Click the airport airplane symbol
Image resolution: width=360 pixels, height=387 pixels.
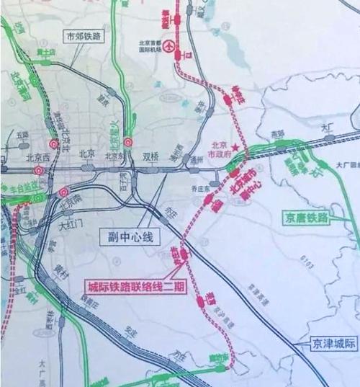click(168, 47)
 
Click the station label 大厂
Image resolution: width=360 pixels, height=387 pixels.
click(329, 126)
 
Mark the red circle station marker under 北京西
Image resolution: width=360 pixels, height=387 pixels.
click(39, 171)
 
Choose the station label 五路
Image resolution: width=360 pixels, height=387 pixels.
click(22, 135)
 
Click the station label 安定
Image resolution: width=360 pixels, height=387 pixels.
click(130, 334)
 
